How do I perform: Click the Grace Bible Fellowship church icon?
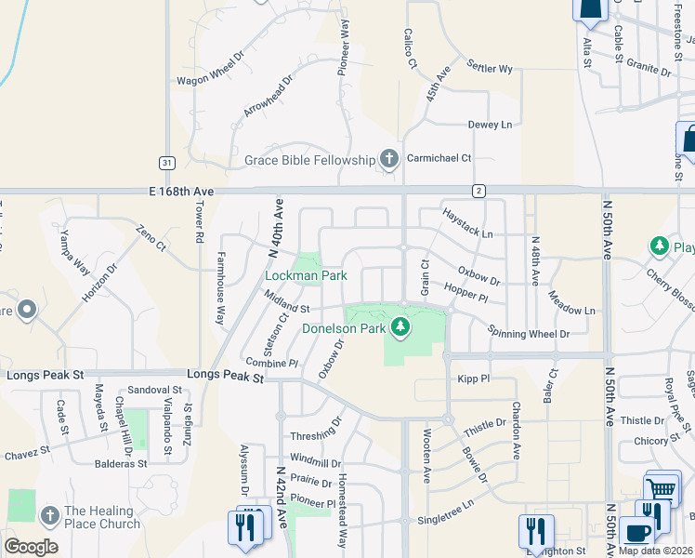(388, 160)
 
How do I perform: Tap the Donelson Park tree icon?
(400, 326)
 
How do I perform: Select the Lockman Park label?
(306, 275)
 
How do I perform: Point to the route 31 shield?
(166, 162)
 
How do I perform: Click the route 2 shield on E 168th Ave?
(479, 191)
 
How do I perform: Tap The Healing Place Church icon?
(49, 513)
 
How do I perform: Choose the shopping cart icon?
(662, 487)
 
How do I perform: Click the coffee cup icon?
(637, 532)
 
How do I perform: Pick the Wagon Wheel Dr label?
(209, 68)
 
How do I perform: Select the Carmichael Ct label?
(441, 159)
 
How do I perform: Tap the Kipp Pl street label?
(473, 379)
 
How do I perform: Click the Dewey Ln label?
(490, 125)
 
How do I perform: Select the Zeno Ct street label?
(150, 240)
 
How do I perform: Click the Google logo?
(31, 546)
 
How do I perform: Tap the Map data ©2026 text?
(656, 550)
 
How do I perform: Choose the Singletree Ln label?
(445, 511)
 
